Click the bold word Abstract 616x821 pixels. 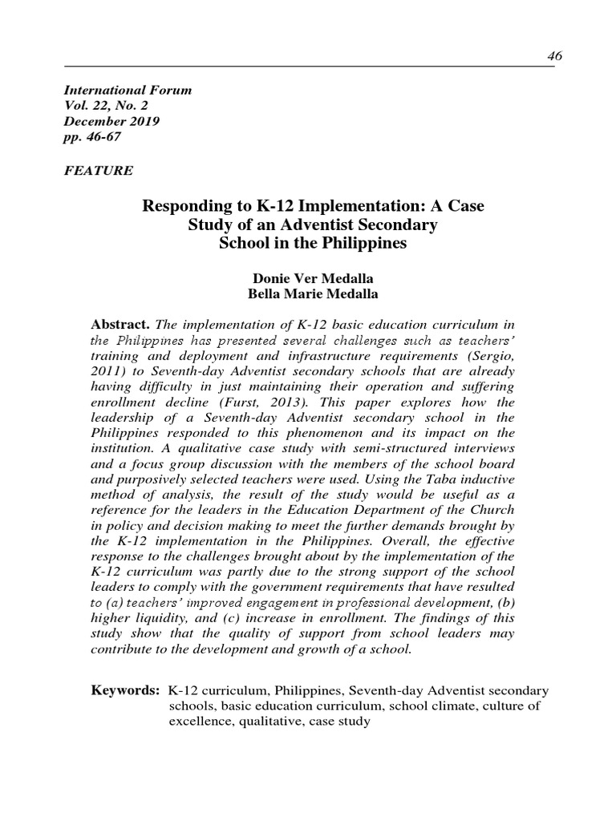pos(122,323)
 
